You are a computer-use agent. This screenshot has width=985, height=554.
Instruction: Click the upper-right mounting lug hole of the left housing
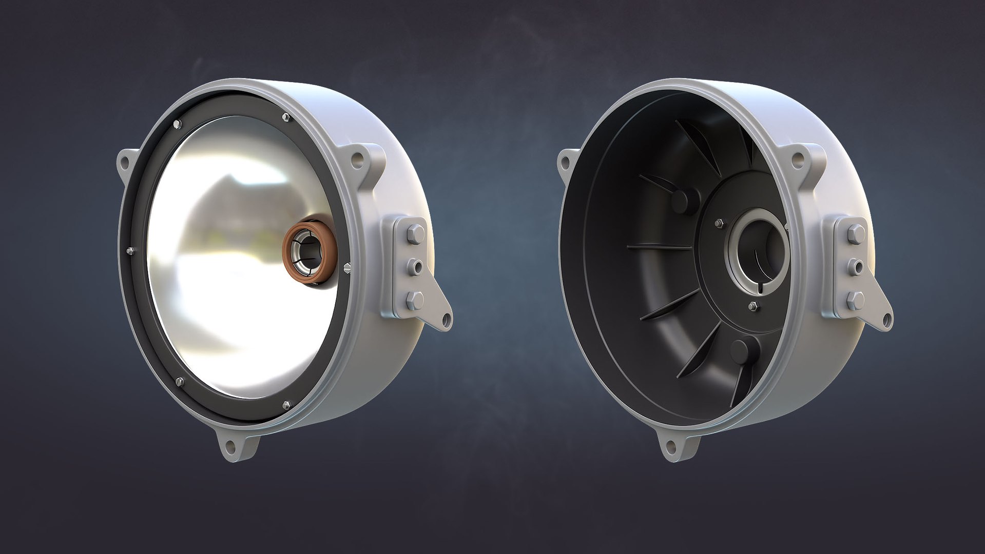(x=358, y=160)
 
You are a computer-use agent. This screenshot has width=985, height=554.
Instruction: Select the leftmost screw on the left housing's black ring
(x=128, y=250)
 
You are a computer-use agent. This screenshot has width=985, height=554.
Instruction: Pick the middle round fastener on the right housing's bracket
(x=856, y=265)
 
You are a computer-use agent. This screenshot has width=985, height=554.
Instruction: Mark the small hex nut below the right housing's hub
(x=753, y=306)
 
